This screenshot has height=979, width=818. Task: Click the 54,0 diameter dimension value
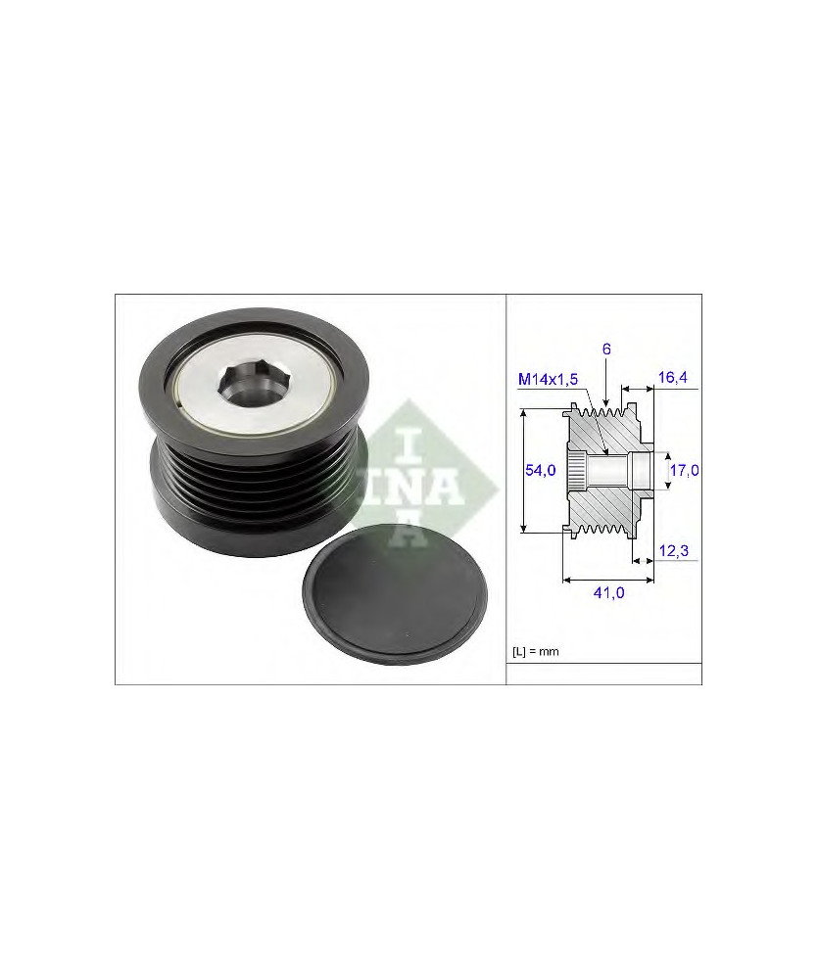(540, 470)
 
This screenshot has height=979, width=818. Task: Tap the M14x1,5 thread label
(548, 379)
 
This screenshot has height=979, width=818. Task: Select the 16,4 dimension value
(673, 377)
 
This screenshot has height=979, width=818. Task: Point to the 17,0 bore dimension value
(684, 470)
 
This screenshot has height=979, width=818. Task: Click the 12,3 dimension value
(674, 550)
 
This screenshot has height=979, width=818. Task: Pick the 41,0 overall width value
(608, 592)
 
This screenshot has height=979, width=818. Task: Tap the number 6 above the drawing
(606, 350)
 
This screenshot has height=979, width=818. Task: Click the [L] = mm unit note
(536, 652)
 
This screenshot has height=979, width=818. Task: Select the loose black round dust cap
(396, 596)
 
